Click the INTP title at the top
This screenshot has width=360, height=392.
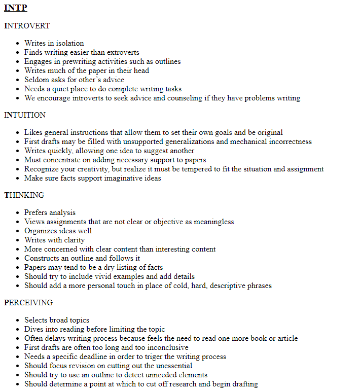click(16, 8)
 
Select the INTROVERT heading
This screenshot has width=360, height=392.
click(27, 26)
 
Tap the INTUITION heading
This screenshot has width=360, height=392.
click(25, 115)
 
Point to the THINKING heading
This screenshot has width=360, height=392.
click(24, 195)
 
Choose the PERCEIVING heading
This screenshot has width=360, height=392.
click(28, 303)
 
